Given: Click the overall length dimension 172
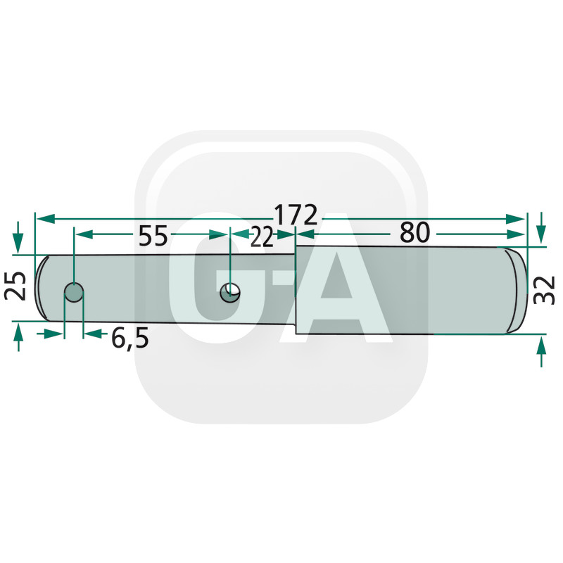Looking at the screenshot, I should (x=296, y=215).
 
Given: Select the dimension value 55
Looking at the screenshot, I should (x=153, y=236).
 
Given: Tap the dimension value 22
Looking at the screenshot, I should (x=262, y=238).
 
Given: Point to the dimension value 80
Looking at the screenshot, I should (x=415, y=233).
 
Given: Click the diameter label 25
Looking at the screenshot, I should (x=20, y=285).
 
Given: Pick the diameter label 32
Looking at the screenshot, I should (x=545, y=289).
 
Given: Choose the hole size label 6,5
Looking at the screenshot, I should (x=130, y=338).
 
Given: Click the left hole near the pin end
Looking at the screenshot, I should (x=74, y=291).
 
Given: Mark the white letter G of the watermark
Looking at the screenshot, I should (x=211, y=281).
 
